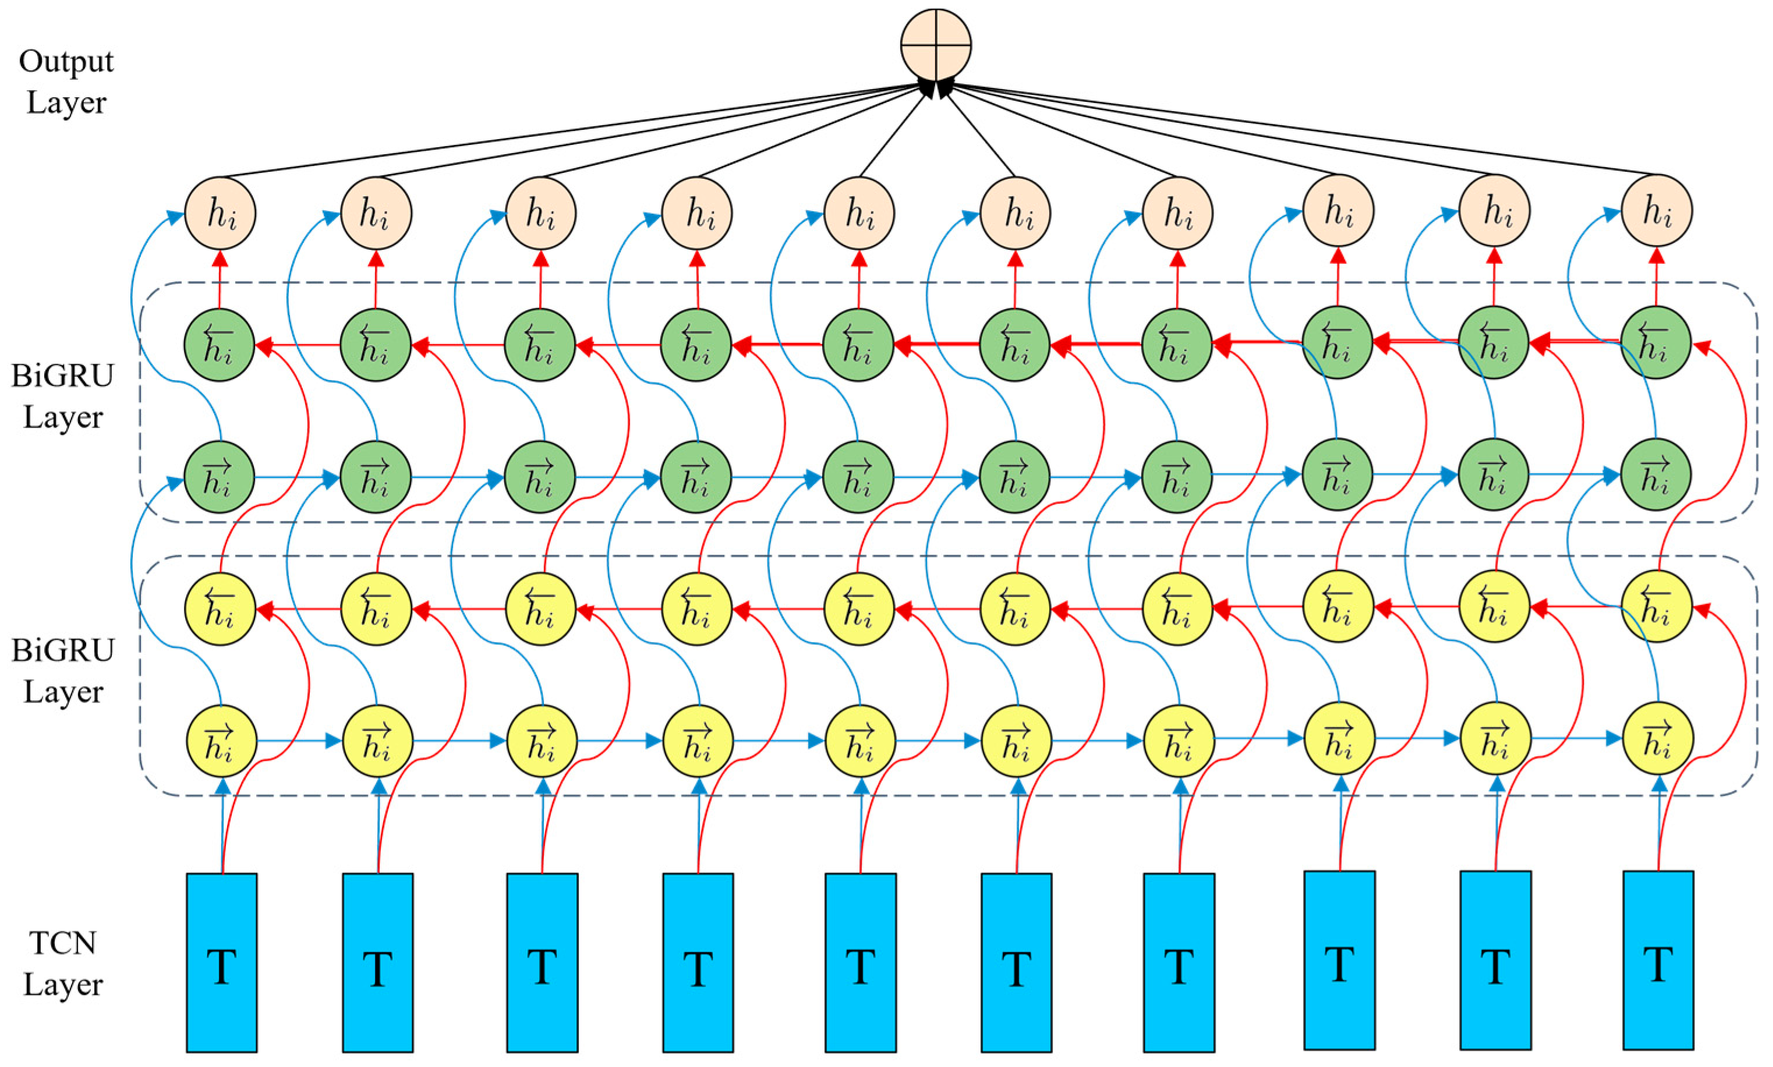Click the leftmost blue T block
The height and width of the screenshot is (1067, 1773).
[x=221, y=962]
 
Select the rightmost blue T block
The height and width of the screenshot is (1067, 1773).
[x=1657, y=960]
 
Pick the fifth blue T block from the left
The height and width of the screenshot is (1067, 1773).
[x=860, y=962]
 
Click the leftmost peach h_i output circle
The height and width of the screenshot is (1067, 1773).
[x=220, y=214]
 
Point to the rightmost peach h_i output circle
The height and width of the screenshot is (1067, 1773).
[x=1657, y=211]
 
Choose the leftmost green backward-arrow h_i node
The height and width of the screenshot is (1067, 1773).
[x=220, y=345]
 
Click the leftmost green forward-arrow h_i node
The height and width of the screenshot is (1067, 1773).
[x=220, y=477]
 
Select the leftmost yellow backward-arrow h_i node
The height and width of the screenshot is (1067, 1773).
[x=220, y=609]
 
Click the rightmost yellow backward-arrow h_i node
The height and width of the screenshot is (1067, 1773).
[x=1657, y=606]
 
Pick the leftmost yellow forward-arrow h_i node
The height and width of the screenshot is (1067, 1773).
[x=221, y=741]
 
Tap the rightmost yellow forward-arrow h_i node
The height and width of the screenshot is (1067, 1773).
[x=1657, y=739]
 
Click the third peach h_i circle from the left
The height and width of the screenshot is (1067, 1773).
[x=541, y=214]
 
